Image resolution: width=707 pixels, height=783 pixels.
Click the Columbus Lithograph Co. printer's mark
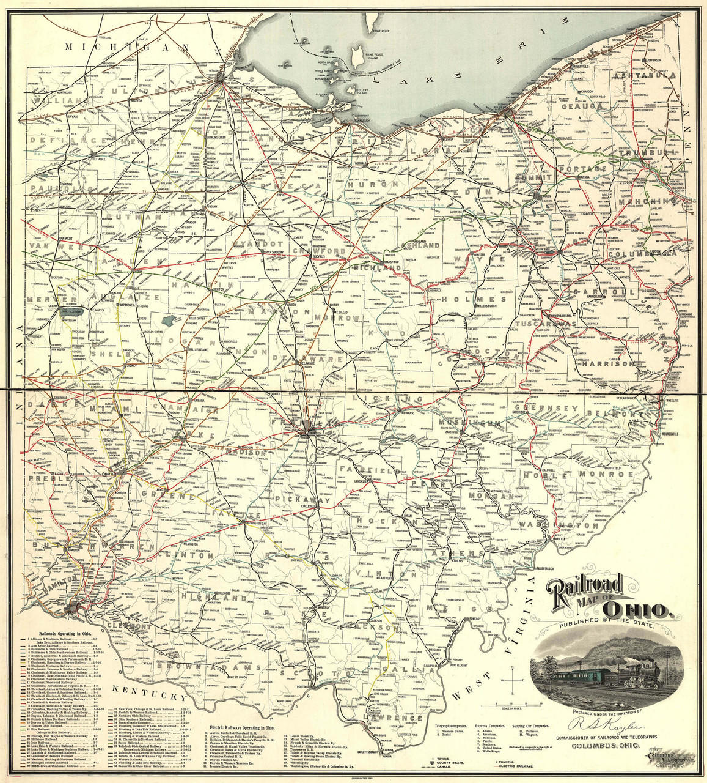(666, 758)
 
